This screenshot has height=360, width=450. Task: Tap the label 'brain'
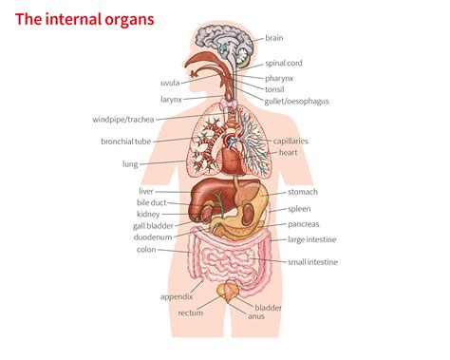(274, 38)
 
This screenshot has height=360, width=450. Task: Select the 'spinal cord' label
(283, 63)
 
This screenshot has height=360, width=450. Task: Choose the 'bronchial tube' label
(126, 142)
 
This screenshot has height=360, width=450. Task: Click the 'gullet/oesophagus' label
(298, 102)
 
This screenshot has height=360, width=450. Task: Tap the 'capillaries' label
(291, 141)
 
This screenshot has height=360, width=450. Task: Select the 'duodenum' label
(152, 237)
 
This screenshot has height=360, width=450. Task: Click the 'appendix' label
(177, 296)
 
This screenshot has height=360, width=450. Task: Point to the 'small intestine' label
(312, 261)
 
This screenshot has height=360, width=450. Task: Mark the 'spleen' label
(299, 208)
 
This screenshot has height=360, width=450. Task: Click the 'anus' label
(255, 316)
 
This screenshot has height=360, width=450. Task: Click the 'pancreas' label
(304, 224)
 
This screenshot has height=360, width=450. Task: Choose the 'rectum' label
(191, 313)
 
